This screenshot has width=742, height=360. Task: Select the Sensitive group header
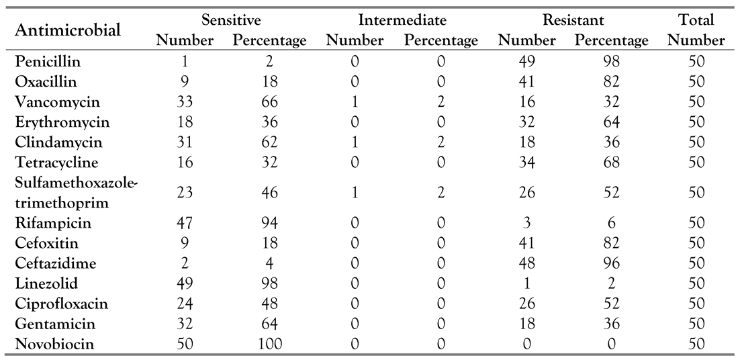pos(231,20)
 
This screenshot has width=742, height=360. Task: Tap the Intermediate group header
pos(402,20)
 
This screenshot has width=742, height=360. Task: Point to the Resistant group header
pos(573,20)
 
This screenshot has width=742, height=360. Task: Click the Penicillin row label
pos(48,62)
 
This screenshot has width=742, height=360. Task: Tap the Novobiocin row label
pos(54,344)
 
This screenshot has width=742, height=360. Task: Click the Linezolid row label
pos(46,283)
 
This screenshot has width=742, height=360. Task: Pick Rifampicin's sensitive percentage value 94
pos(269,223)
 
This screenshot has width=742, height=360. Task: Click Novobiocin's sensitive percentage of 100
pos(269,344)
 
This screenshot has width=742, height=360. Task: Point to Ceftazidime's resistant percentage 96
pos(611,263)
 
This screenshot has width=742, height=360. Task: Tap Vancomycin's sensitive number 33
pos(184,103)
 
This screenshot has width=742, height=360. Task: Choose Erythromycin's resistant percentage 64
pos(611,123)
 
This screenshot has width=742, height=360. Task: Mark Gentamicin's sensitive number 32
pos(184,324)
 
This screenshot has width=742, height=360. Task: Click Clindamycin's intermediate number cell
pos(355,143)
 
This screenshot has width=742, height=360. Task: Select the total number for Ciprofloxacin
pos(696,304)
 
